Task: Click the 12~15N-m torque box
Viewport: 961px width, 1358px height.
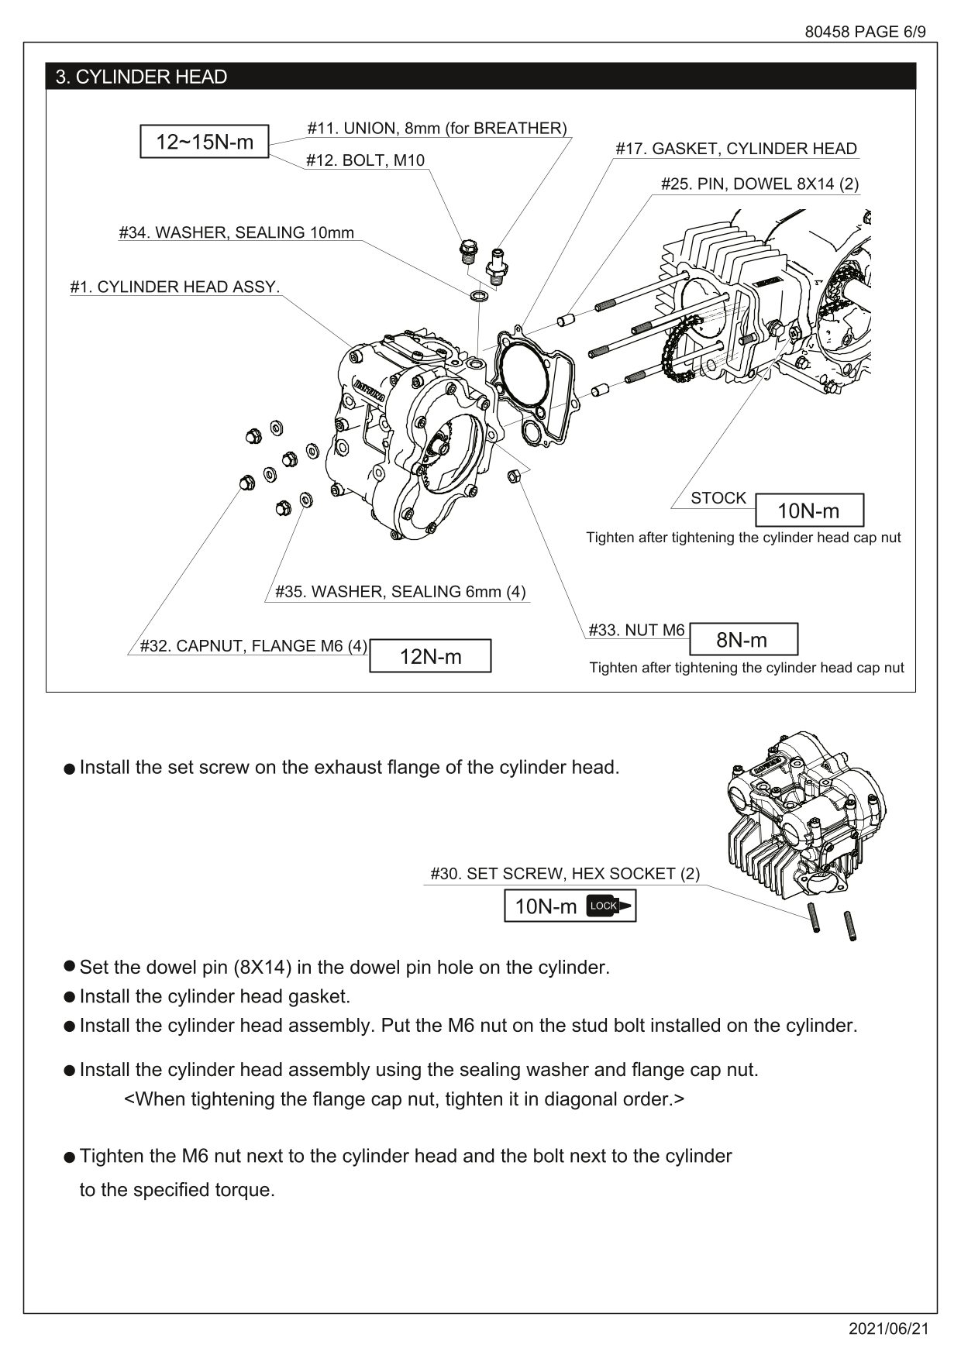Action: [204, 142]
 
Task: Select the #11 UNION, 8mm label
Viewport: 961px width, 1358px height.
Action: [436, 128]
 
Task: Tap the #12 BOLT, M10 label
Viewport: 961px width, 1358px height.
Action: [365, 160]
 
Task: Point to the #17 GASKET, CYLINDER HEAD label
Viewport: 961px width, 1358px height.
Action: [735, 149]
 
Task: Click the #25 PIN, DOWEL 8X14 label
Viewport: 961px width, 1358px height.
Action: [759, 184]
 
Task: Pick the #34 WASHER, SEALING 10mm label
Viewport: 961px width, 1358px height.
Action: [236, 232]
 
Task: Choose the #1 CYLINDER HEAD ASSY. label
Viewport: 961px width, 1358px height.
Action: [174, 287]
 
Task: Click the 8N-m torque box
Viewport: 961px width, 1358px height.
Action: [742, 640]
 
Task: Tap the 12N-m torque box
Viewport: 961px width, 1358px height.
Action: [430, 656]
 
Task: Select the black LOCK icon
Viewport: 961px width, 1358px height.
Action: [609, 906]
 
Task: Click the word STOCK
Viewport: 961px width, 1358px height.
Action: [718, 498]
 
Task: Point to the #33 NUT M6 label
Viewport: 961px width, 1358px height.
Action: [636, 630]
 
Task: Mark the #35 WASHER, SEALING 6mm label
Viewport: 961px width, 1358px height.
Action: [400, 592]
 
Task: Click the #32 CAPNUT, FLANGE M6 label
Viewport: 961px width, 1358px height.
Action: [253, 646]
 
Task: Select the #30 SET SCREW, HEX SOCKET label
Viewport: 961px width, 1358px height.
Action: [564, 874]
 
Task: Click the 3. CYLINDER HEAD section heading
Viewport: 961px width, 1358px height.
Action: [141, 77]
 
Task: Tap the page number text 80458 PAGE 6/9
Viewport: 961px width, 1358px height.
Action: [865, 32]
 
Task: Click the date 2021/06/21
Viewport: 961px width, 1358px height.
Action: [888, 1329]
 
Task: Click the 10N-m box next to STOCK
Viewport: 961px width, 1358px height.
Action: [808, 511]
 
